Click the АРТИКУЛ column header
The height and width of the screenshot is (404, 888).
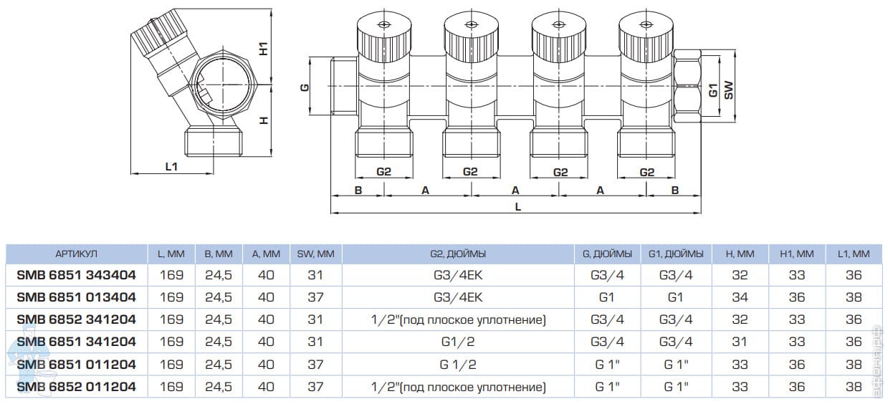pos(76,254)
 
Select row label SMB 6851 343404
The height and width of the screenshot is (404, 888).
pos(76,274)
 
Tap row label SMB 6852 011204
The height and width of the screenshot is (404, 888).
pos(76,388)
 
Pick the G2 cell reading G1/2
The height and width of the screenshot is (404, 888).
pos(459,342)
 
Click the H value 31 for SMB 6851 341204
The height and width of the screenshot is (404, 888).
pos(740,342)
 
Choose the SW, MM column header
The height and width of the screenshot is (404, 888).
pos(315,254)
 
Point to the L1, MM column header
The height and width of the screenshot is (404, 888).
pos(853,254)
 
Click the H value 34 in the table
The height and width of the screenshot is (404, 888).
pos(740,297)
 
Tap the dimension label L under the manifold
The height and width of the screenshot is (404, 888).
pos(517,206)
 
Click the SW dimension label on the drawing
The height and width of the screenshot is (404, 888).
pos(728,89)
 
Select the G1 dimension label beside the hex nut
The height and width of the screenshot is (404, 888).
pos(712,90)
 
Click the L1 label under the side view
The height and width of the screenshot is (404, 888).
pos(171,166)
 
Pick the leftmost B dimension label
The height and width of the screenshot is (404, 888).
pos(358,190)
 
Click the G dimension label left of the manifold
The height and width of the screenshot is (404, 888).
pos(304,87)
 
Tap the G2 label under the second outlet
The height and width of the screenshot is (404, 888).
pos(470,172)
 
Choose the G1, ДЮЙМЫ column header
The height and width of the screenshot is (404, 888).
pos(677,254)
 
